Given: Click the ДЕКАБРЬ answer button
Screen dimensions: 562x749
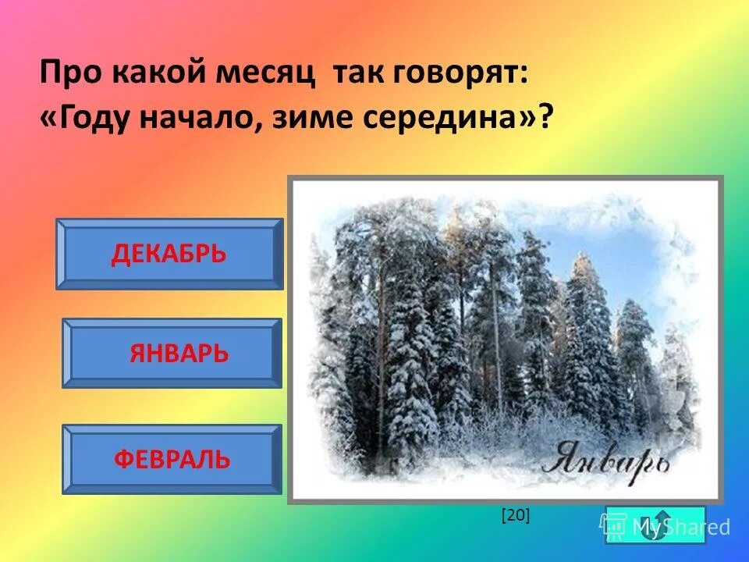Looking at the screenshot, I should [169, 254].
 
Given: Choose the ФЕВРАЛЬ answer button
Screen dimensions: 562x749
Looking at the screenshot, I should [172, 459].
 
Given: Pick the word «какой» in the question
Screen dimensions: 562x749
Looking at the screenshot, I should [162, 75].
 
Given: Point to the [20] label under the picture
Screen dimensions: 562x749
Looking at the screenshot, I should [516, 514].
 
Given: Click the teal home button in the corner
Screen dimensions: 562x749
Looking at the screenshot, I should [655, 524].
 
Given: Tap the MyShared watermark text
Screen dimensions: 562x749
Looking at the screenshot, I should [680, 528].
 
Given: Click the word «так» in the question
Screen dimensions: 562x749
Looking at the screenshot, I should [355, 75].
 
